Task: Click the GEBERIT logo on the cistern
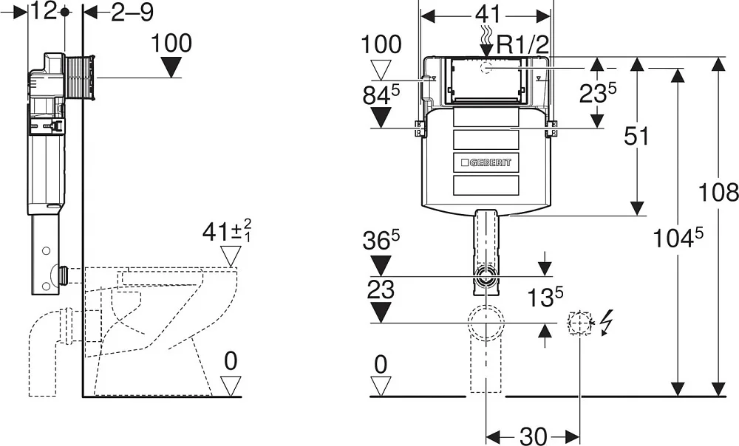[x=486, y=162]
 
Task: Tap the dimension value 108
[x=718, y=192]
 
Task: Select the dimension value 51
[x=636, y=136]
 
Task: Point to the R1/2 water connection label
[x=523, y=45]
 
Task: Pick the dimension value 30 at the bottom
[x=533, y=436]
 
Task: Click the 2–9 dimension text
[x=132, y=13]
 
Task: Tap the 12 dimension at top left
[x=44, y=10]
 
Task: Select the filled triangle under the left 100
[x=171, y=67]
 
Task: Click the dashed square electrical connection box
[x=579, y=323]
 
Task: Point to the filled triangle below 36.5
[x=381, y=266]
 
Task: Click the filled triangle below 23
[x=381, y=312]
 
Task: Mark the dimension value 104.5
[x=678, y=238]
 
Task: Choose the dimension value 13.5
[x=545, y=297]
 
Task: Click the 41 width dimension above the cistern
[x=488, y=15]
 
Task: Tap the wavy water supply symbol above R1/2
[x=486, y=33]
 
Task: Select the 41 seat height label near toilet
[x=227, y=230]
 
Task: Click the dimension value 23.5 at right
[x=598, y=93]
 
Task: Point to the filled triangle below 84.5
[x=381, y=117]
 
